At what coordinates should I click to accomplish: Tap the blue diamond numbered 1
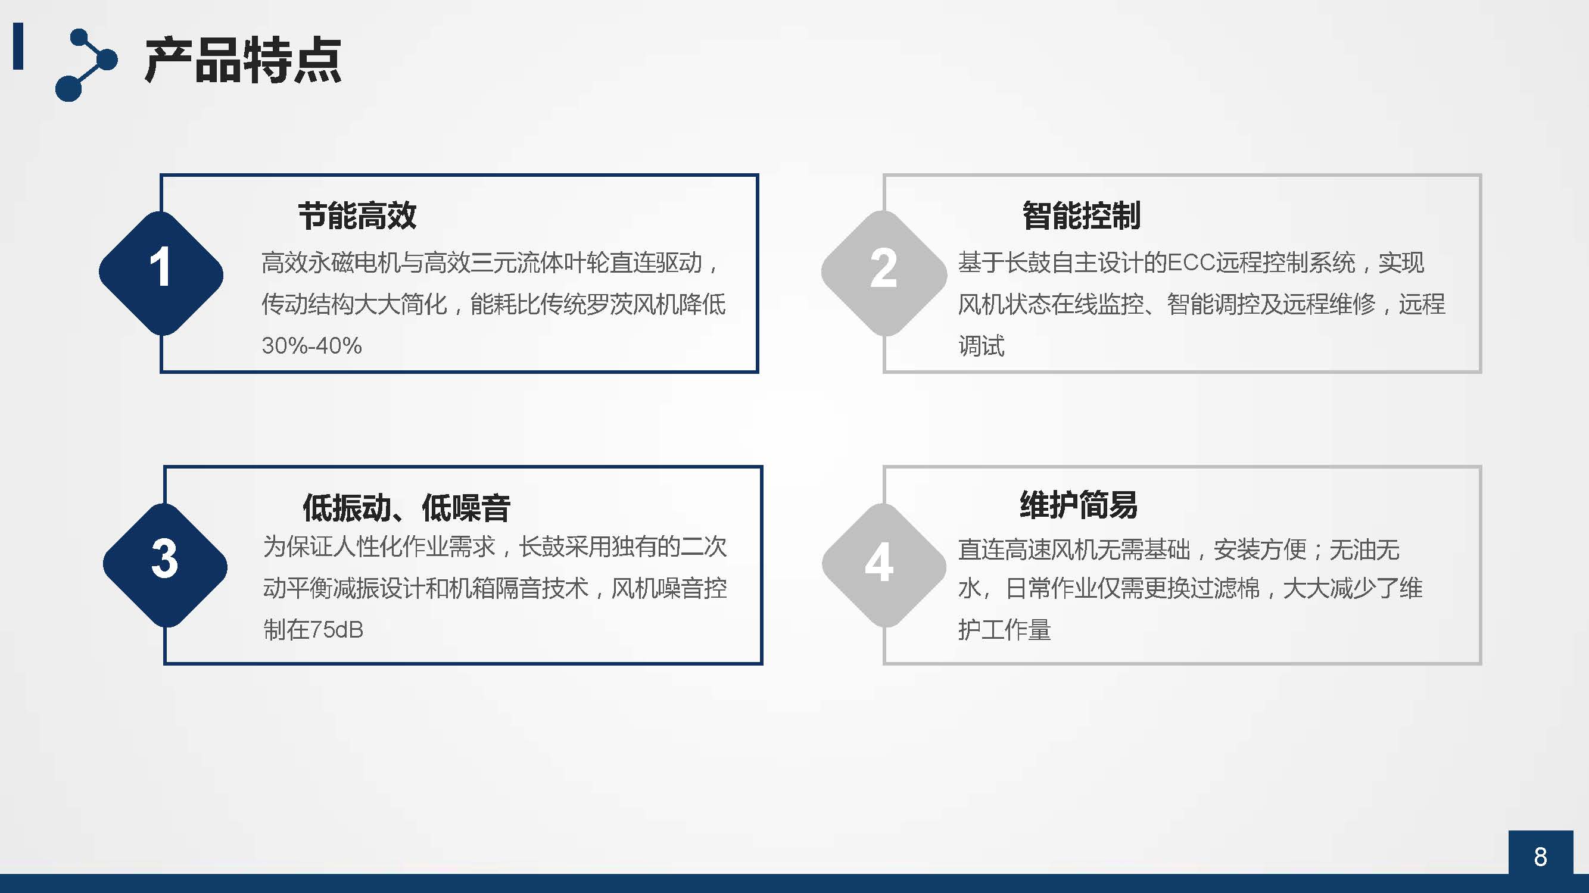161,273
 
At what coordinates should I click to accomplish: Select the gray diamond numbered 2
884,273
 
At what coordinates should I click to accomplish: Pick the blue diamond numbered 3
165,566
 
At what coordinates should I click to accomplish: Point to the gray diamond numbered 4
884,566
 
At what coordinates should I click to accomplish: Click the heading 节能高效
357,216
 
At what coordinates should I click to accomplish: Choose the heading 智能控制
1082,216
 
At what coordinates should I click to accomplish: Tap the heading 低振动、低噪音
407,508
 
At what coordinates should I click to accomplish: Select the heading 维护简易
1078,505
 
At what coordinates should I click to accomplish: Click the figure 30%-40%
311,345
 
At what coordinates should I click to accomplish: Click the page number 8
1540,857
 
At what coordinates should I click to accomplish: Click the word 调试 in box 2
982,345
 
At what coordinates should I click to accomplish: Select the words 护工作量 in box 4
1004,630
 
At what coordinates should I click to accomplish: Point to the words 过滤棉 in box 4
1225,588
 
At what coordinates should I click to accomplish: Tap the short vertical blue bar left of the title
18,46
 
